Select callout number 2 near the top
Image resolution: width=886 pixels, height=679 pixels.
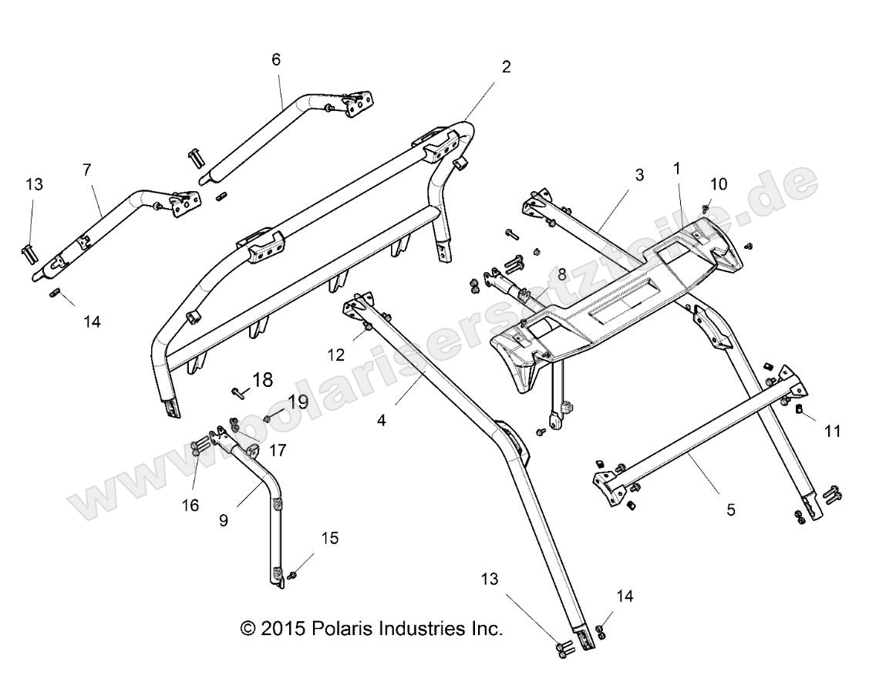pyautogui.click(x=506, y=67)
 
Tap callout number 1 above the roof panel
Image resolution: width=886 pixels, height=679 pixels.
pyautogui.click(x=677, y=167)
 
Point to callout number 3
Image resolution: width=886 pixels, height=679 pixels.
pyautogui.click(x=639, y=175)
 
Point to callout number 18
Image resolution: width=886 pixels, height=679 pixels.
pyautogui.click(x=262, y=379)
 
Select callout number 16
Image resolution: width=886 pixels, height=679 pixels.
pyautogui.click(x=190, y=505)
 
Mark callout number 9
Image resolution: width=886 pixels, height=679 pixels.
pyautogui.click(x=224, y=520)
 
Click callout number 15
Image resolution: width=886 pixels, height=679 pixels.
pyautogui.click(x=329, y=538)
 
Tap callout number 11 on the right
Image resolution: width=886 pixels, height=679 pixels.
pyautogui.click(x=833, y=431)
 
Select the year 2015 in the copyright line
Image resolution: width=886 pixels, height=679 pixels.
pyautogui.click(x=285, y=628)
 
